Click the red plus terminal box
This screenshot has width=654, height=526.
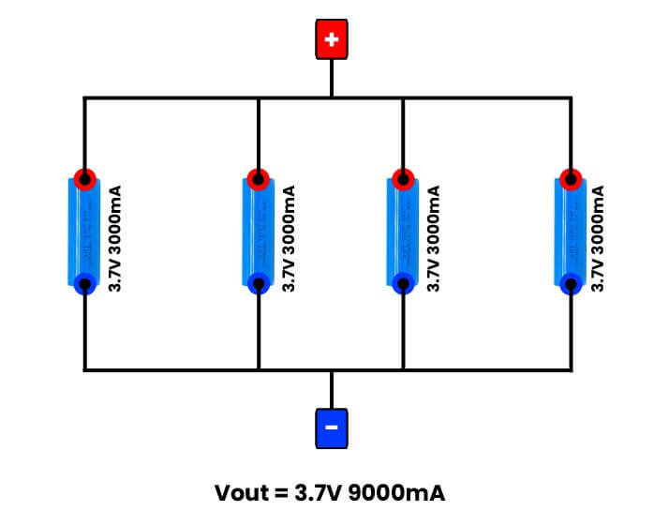tap(331, 39)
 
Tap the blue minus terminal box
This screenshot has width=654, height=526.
tap(331, 428)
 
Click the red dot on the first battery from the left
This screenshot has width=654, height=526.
tap(85, 178)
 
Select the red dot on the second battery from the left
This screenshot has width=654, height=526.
tap(258, 178)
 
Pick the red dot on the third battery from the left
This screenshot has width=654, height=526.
tap(403, 178)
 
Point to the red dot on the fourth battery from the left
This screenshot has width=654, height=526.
tap(571, 178)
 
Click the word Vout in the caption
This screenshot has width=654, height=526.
tap(240, 492)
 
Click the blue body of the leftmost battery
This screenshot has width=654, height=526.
tap(85, 230)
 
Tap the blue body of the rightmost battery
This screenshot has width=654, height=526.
tap(571, 230)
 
